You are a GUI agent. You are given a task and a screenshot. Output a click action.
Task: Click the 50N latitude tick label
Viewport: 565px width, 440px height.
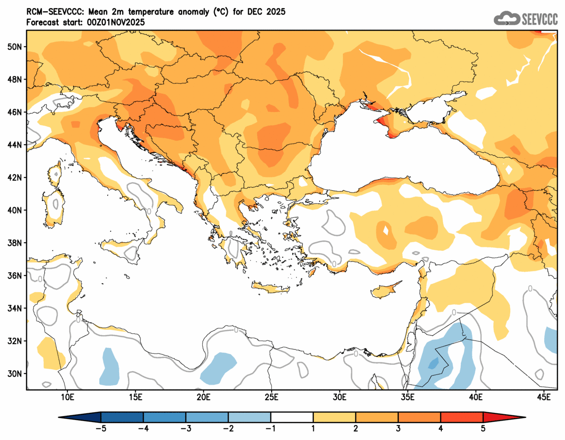click(15, 47)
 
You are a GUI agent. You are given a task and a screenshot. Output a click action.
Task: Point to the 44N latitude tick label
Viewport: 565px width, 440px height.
click(15, 145)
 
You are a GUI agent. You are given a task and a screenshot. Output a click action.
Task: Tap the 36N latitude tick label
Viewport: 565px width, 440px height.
click(15, 276)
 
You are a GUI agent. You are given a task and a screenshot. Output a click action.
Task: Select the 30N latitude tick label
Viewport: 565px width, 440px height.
click(15, 374)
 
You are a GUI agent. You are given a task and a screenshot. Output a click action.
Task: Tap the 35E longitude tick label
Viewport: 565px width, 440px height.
click(407, 398)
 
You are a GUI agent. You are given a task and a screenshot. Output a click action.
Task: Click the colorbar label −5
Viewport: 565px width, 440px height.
click(101, 428)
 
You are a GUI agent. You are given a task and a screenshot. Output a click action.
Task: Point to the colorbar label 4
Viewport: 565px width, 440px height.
click(441, 428)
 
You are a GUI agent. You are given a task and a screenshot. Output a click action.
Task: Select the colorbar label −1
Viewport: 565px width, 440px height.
click(271, 428)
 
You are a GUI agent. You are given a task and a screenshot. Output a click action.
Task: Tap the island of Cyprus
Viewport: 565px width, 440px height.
click(386, 290)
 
